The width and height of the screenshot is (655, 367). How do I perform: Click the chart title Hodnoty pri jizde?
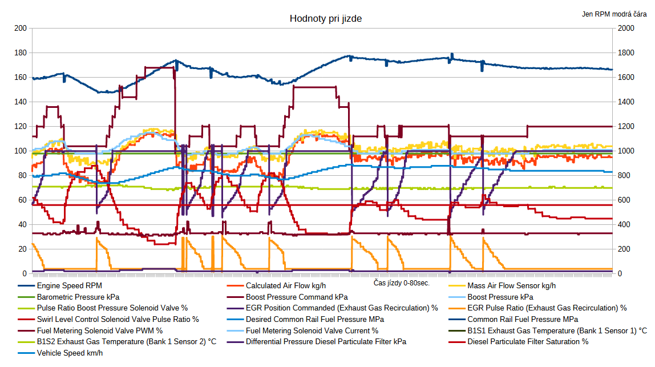[325, 19]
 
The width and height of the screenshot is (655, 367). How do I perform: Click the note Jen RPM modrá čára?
[614, 14]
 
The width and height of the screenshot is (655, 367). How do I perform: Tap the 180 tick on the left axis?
[20, 53]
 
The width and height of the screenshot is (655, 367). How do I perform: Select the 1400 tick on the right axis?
[625, 102]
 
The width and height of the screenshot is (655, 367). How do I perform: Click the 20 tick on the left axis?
[22, 249]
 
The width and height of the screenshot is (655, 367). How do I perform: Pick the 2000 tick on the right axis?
[625, 29]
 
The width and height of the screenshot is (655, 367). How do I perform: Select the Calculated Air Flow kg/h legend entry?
[286, 286]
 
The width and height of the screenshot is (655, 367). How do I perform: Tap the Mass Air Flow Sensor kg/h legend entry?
[511, 286]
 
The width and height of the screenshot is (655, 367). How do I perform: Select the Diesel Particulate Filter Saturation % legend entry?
[528, 342]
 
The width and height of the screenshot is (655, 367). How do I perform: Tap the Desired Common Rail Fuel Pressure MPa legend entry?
[314, 320]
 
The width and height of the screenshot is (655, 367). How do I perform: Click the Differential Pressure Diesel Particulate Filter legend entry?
[326, 342]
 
